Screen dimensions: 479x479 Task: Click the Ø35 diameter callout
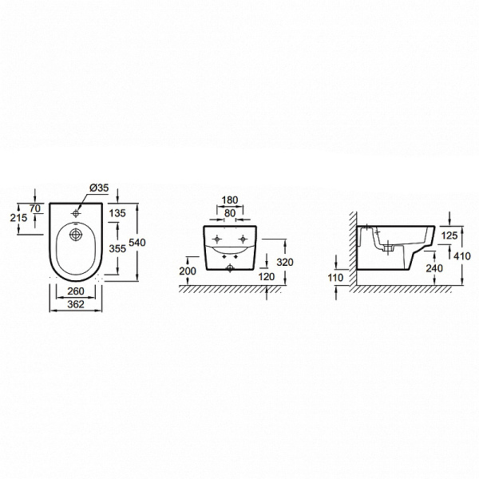[99, 188]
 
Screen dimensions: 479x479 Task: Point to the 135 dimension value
[117, 213]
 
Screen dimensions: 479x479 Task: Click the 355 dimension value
[117, 247]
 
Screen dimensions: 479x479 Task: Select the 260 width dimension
[77, 291]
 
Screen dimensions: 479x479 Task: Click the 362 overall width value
[77, 304]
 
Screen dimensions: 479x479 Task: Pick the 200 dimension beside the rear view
[187, 271]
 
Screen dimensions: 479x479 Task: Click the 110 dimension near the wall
[335, 277]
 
